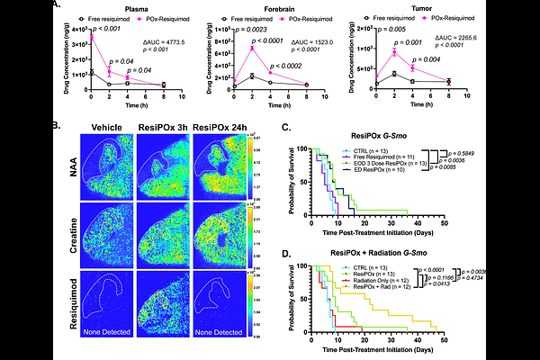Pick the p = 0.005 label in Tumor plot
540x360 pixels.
378,29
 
